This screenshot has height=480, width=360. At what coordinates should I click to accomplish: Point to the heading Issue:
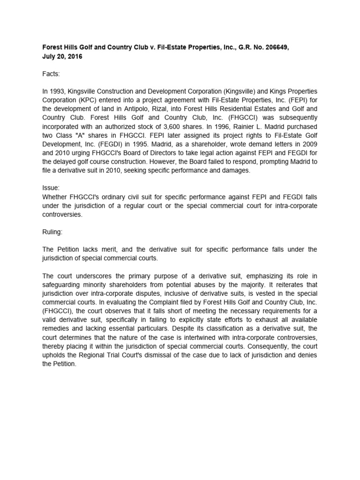51,187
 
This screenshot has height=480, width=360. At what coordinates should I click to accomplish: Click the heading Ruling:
52,231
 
